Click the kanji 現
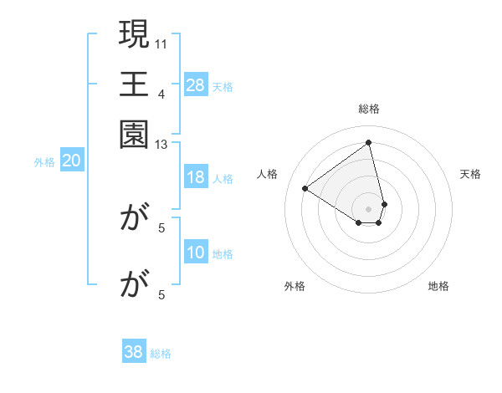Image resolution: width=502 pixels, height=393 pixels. [134, 36]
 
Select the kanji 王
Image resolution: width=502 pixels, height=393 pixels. [134, 85]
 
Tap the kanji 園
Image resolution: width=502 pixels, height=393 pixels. [134, 133]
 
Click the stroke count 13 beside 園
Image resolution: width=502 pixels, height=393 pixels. [161, 145]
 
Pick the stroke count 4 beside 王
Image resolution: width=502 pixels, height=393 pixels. [161, 93]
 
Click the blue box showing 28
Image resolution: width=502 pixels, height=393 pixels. [196, 84]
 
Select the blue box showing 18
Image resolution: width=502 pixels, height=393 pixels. [196, 177]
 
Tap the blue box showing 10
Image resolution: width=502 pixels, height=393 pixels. [196, 253]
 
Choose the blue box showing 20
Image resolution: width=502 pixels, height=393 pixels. [72, 161]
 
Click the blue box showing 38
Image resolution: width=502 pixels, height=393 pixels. [134, 352]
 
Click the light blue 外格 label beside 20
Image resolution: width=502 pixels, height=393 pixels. [44, 162]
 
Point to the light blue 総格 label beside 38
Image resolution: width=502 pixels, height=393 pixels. [161, 354]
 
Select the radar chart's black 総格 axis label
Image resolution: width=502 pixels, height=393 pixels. [369, 109]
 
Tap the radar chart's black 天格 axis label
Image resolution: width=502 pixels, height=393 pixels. [471, 174]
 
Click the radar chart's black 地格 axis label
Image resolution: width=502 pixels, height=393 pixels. [438, 286]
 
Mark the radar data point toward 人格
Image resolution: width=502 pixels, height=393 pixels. [305, 188]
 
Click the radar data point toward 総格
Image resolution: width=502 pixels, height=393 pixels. [369, 142]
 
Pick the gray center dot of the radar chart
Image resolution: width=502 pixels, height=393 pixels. [369, 208]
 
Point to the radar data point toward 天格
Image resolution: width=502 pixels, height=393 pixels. [384, 204]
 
